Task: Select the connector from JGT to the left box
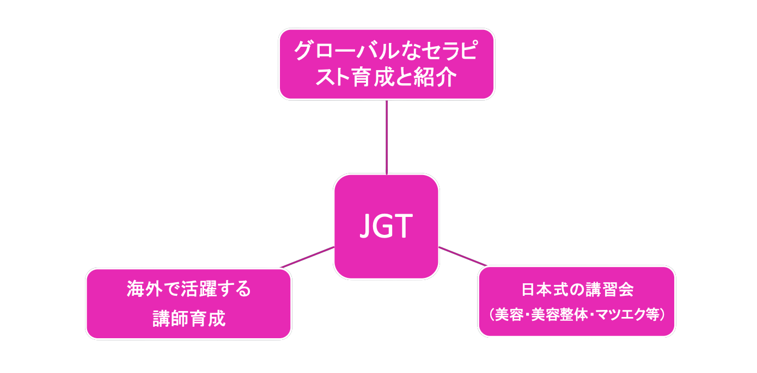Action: pyautogui.click(x=308, y=257)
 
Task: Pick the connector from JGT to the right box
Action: pyautogui.click(x=463, y=257)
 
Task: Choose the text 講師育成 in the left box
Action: pyautogui.click(x=188, y=319)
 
